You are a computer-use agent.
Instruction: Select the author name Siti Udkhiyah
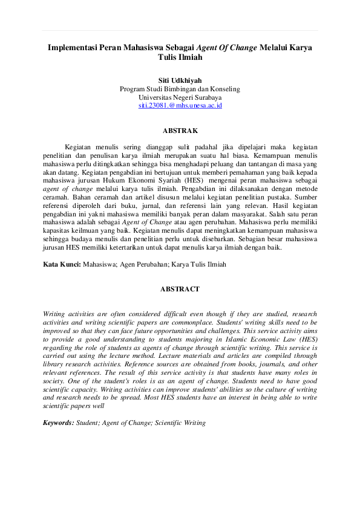180,79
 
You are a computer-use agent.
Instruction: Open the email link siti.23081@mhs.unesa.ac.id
180,105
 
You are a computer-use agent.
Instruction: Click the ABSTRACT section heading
180,290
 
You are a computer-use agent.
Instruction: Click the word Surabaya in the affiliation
207,97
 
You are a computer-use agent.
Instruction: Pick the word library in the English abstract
54,366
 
